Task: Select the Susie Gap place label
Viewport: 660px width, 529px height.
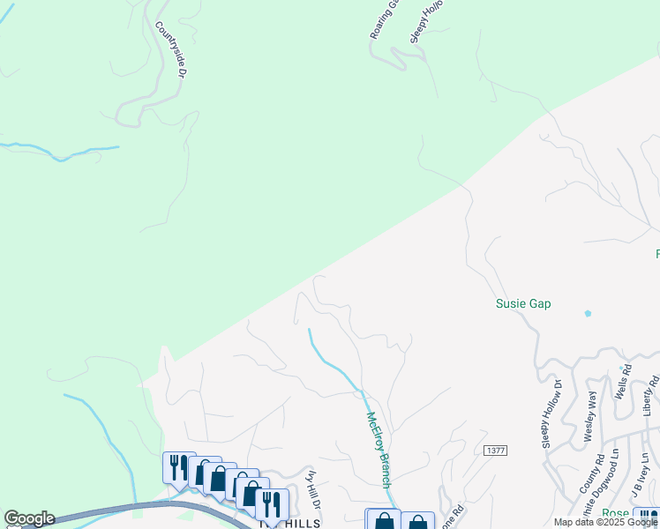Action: (523, 304)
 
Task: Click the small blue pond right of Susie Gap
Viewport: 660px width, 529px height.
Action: (588, 313)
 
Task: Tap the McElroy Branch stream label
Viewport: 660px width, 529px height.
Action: (379, 451)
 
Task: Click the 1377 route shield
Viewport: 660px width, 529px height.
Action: (496, 451)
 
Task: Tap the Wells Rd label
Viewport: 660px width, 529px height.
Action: (625, 381)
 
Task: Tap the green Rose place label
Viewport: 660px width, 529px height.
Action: (616, 514)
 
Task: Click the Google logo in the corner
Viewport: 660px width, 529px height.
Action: (29, 518)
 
